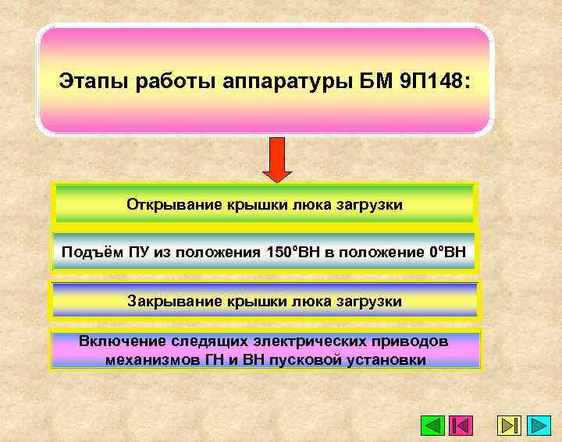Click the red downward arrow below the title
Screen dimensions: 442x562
coord(276,160)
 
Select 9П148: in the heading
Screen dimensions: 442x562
coord(433,81)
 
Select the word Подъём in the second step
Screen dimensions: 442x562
coord(87,253)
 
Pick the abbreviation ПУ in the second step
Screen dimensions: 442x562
coord(126,253)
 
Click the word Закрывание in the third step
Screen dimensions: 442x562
coord(168,301)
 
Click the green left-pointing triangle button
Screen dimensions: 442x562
coord(432,426)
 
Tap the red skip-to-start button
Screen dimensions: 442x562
coord(461,426)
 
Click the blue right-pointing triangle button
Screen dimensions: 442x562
coord(539,426)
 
